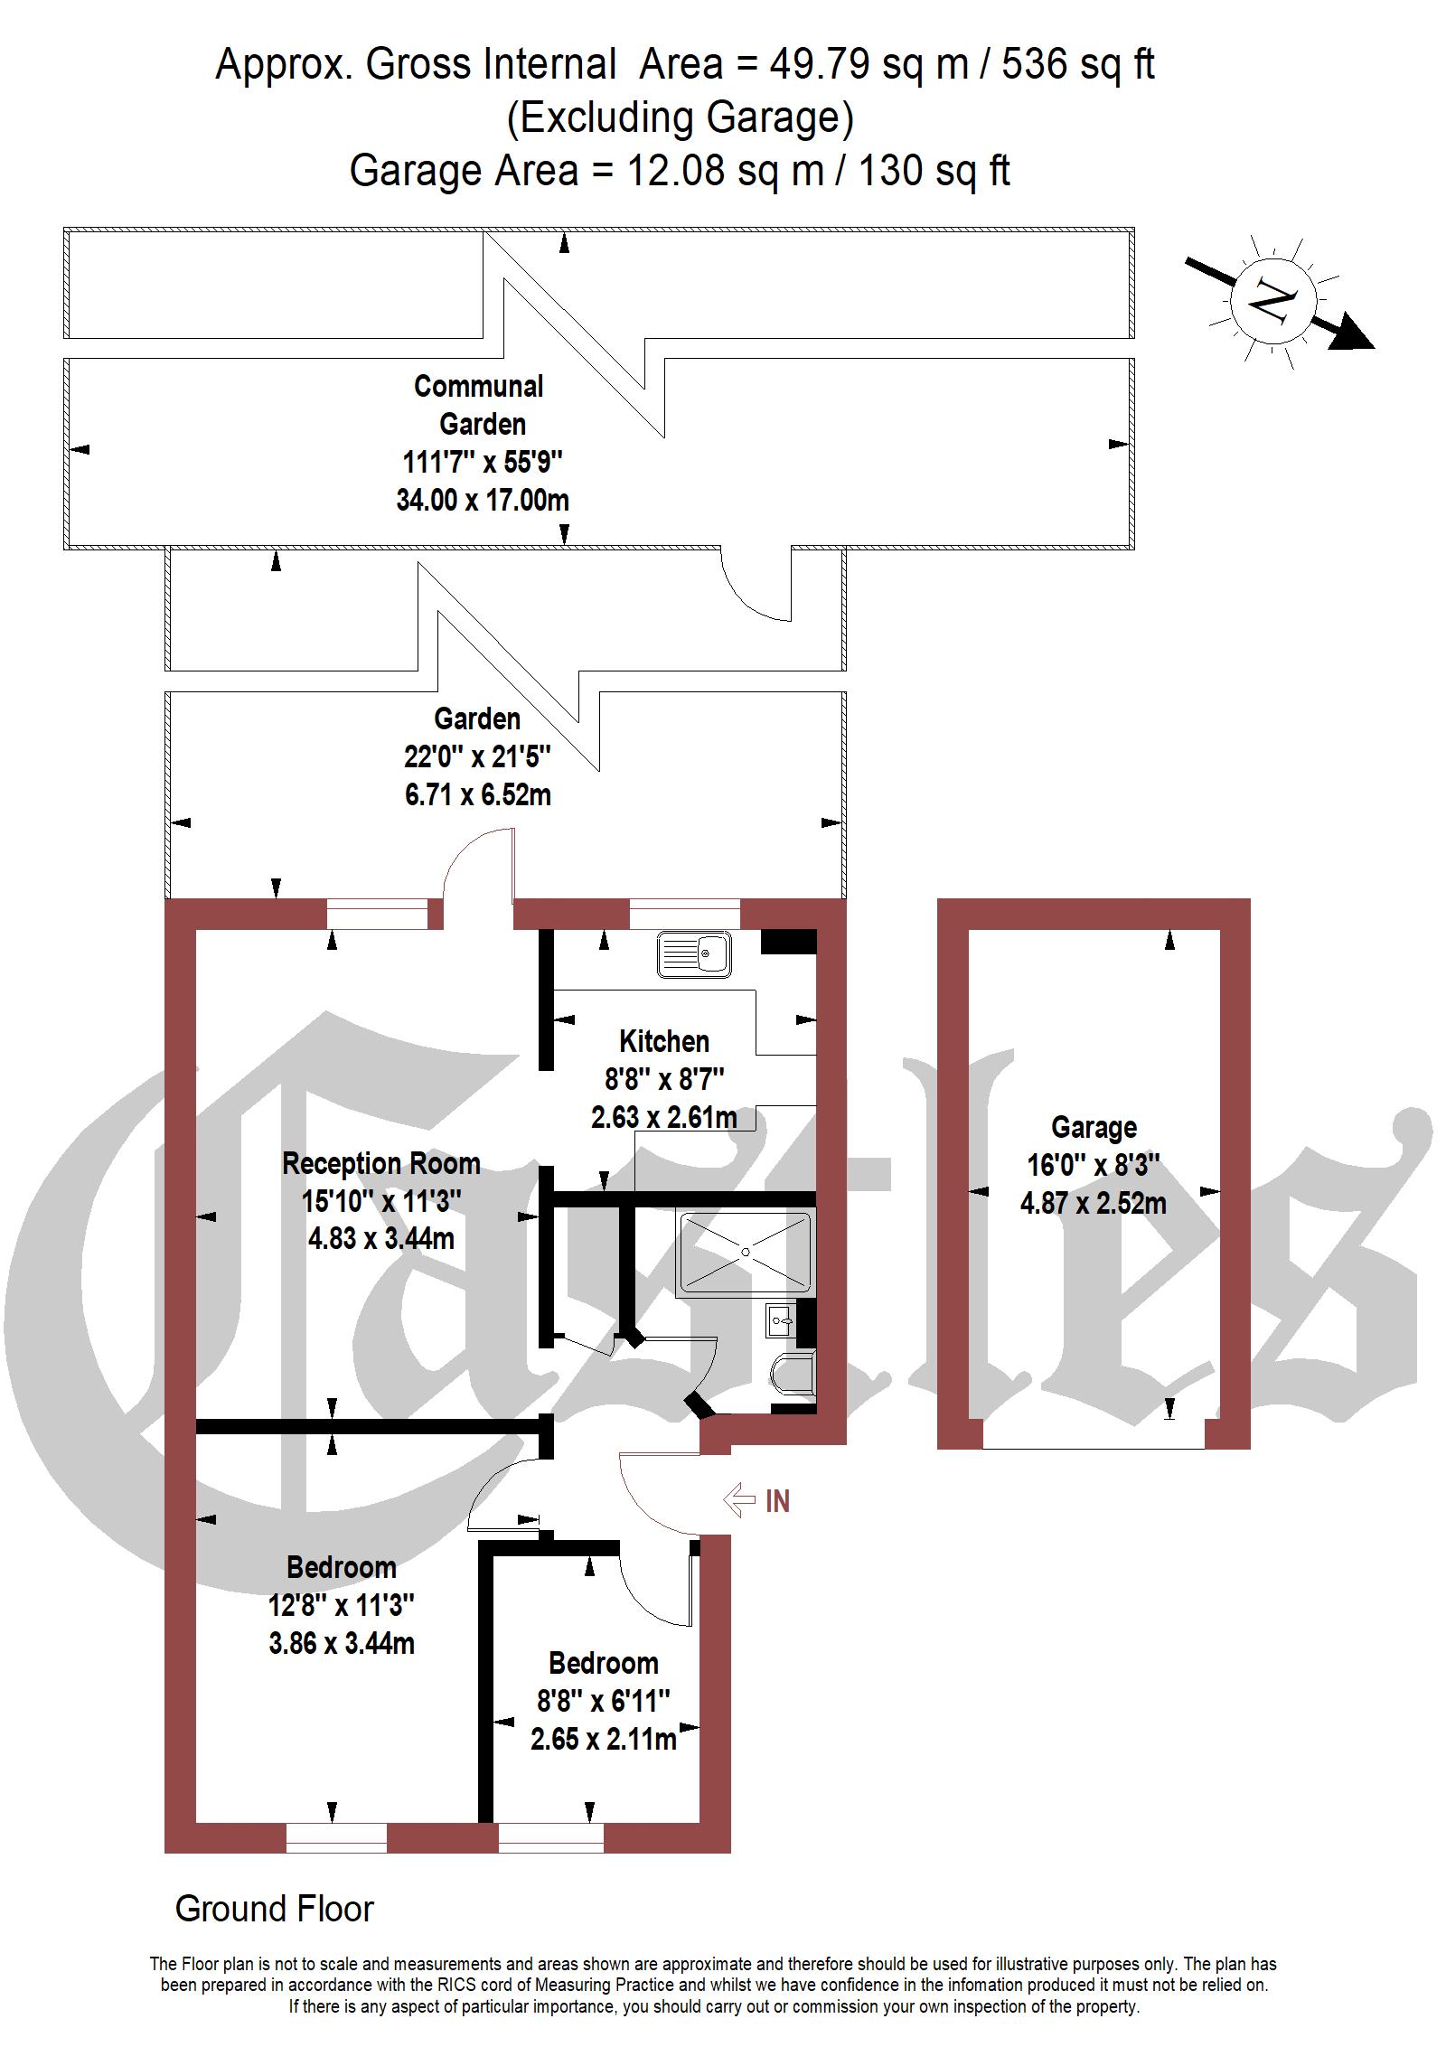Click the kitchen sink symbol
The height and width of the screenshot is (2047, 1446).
click(x=694, y=954)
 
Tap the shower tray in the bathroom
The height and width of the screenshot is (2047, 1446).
click(x=745, y=1253)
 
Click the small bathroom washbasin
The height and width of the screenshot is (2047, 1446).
click(x=780, y=1320)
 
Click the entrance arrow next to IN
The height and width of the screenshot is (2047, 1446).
click(x=739, y=1499)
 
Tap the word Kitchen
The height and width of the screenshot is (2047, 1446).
click(x=664, y=1041)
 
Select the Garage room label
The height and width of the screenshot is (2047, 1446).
click(x=1094, y=1127)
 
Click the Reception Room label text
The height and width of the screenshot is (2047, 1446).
click(x=381, y=1163)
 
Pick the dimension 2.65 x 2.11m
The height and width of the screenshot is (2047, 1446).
click(x=604, y=1738)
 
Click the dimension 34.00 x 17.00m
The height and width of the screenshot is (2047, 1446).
click(x=483, y=500)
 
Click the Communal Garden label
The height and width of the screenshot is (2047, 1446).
click(x=480, y=405)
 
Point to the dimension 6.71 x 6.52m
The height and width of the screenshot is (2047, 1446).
click(x=478, y=794)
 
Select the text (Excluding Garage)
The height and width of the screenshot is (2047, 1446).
click(x=680, y=117)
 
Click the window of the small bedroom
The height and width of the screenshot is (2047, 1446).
click(x=551, y=1837)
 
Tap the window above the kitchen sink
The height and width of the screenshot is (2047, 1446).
click(x=685, y=914)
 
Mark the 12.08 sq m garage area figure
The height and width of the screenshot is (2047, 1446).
click(x=726, y=170)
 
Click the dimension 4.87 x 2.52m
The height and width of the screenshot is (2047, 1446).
click(x=1094, y=1203)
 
